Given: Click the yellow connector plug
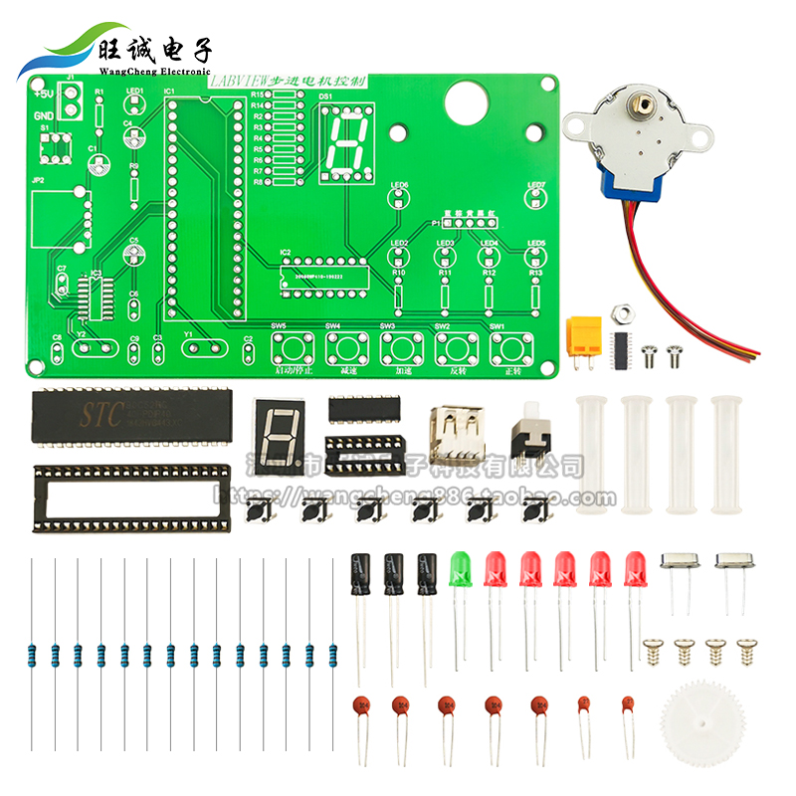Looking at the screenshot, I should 584,335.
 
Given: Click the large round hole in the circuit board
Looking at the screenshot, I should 467,99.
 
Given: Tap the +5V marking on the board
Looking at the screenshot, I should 43,95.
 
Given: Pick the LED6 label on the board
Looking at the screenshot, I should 399,185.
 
